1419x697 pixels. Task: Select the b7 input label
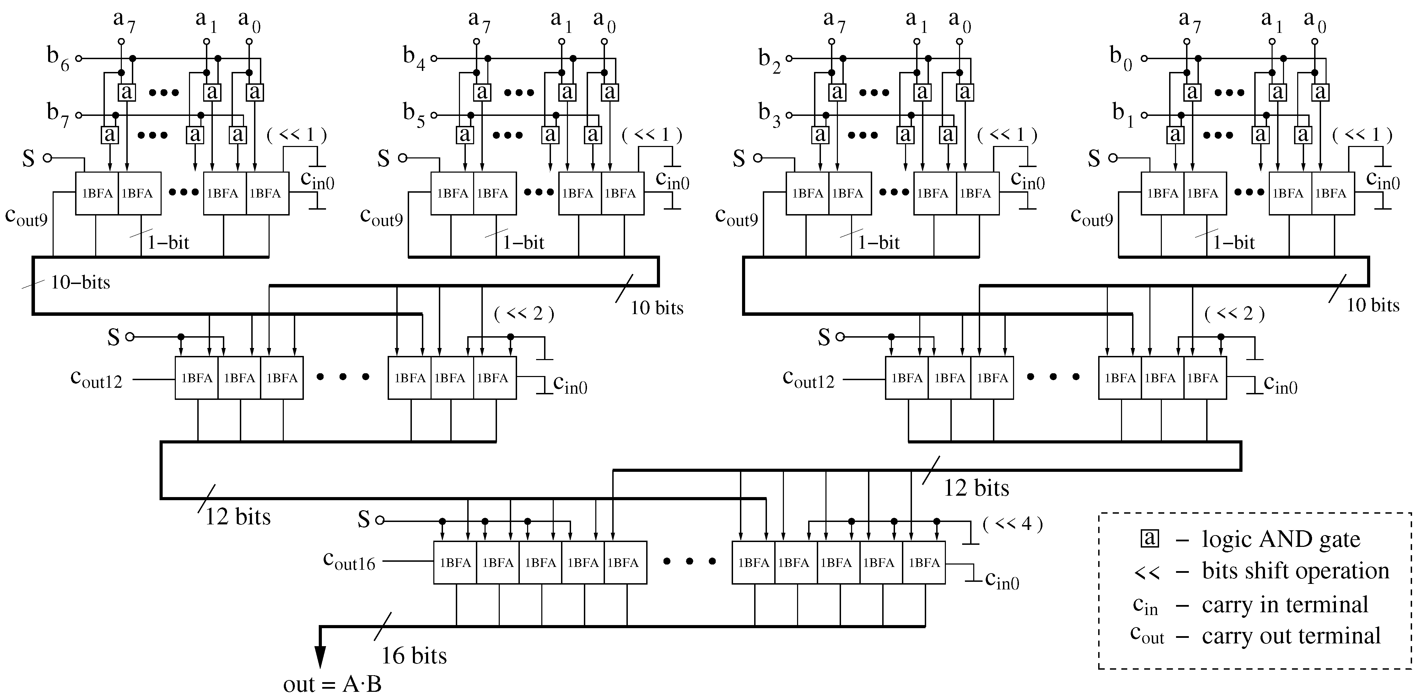[x=58, y=116]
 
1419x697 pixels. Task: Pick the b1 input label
[x=1123, y=116]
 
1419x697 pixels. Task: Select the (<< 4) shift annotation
[x=1012, y=524]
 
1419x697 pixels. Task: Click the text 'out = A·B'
[x=332, y=684]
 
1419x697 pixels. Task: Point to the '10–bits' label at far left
[x=80, y=283]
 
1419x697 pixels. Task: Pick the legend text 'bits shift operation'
[x=1295, y=571]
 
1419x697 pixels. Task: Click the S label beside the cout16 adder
[x=363, y=520]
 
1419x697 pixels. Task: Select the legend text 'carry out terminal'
[x=1291, y=636]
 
